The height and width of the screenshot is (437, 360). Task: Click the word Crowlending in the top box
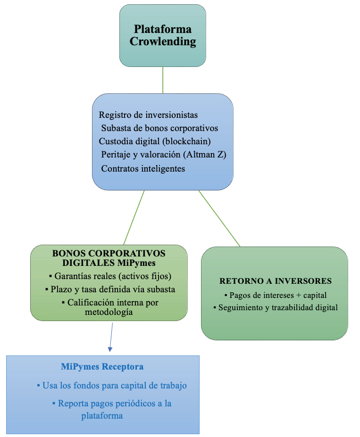pyautogui.click(x=163, y=41)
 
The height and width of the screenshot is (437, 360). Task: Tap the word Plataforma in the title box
pyautogui.click(x=163, y=29)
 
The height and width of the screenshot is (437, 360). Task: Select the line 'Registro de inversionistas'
pyautogui.click(x=148, y=115)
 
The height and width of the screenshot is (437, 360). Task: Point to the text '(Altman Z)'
pyautogui.click(x=205, y=155)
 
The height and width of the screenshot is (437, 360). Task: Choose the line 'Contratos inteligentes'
pyautogui.click(x=143, y=169)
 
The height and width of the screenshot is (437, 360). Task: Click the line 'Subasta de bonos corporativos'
pyautogui.click(x=159, y=128)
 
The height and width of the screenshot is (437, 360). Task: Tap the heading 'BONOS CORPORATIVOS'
pyautogui.click(x=109, y=253)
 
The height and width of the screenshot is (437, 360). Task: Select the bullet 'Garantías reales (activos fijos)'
pyautogui.click(x=110, y=276)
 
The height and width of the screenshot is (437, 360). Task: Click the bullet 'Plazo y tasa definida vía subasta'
pyautogui.click(x=110, y=289)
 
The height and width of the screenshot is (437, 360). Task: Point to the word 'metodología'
pyautogui.click(x=109, y=312)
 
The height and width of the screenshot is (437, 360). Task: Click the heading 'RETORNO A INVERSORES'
pyautogui.click(x=276, y=281)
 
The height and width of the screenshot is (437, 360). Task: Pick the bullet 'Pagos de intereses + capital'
pyautogui.click(x=276, y=295)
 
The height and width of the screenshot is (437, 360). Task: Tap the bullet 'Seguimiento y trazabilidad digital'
pyautogui.click(x=276, y=308)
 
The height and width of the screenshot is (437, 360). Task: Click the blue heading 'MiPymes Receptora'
pyautogui.click(x=102, y=366)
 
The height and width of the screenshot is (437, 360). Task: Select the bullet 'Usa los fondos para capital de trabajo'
pyautogui.click(x=112, y=386)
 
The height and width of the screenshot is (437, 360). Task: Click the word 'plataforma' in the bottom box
pyautogui.click(x=102, y=416)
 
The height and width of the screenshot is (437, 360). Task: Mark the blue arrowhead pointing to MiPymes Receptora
pyautogui.click(x=110, y=349)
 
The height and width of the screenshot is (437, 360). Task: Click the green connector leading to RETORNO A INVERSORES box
pyautogui.click(x=219, y=219)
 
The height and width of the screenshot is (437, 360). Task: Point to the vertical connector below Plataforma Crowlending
pyautogui.click(x=163, y=80)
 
